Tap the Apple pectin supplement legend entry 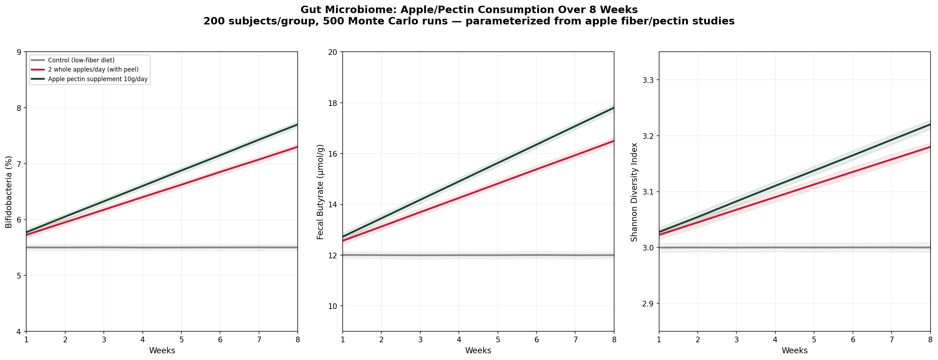[97, 79]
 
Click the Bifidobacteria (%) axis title [9, 192]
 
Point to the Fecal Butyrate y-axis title [320, 192]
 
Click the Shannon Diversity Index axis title [634, 192]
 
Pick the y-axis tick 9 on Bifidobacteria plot [19, 52]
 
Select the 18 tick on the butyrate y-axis [332, 103]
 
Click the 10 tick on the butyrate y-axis [332, 306]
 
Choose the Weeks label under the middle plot [478, 350]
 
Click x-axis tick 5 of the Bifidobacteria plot [181, 339]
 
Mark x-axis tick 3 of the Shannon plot [736, 339]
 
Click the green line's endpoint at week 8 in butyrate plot [614, 108]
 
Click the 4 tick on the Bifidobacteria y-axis [19, 332]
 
